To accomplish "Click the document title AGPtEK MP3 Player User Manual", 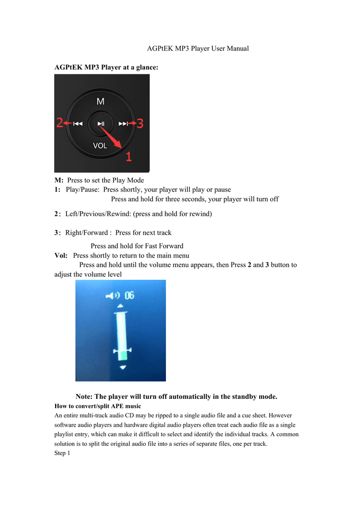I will point(198,49).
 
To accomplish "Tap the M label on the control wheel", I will point(101,101).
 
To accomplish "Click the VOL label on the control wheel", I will point(100,145).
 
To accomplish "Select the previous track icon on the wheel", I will point(78,124).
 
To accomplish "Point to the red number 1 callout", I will point(128,157).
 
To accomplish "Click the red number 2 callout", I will point(60,123).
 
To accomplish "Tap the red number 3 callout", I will point(140,123).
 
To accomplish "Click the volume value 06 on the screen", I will point(129,296).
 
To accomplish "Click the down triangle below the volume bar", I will point(123,367).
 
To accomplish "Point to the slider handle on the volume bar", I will point(122,351).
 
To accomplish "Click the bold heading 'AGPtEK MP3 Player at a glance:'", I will point(106,67).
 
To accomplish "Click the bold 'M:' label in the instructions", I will point(59,180).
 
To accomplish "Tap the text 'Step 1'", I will point(62,453).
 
